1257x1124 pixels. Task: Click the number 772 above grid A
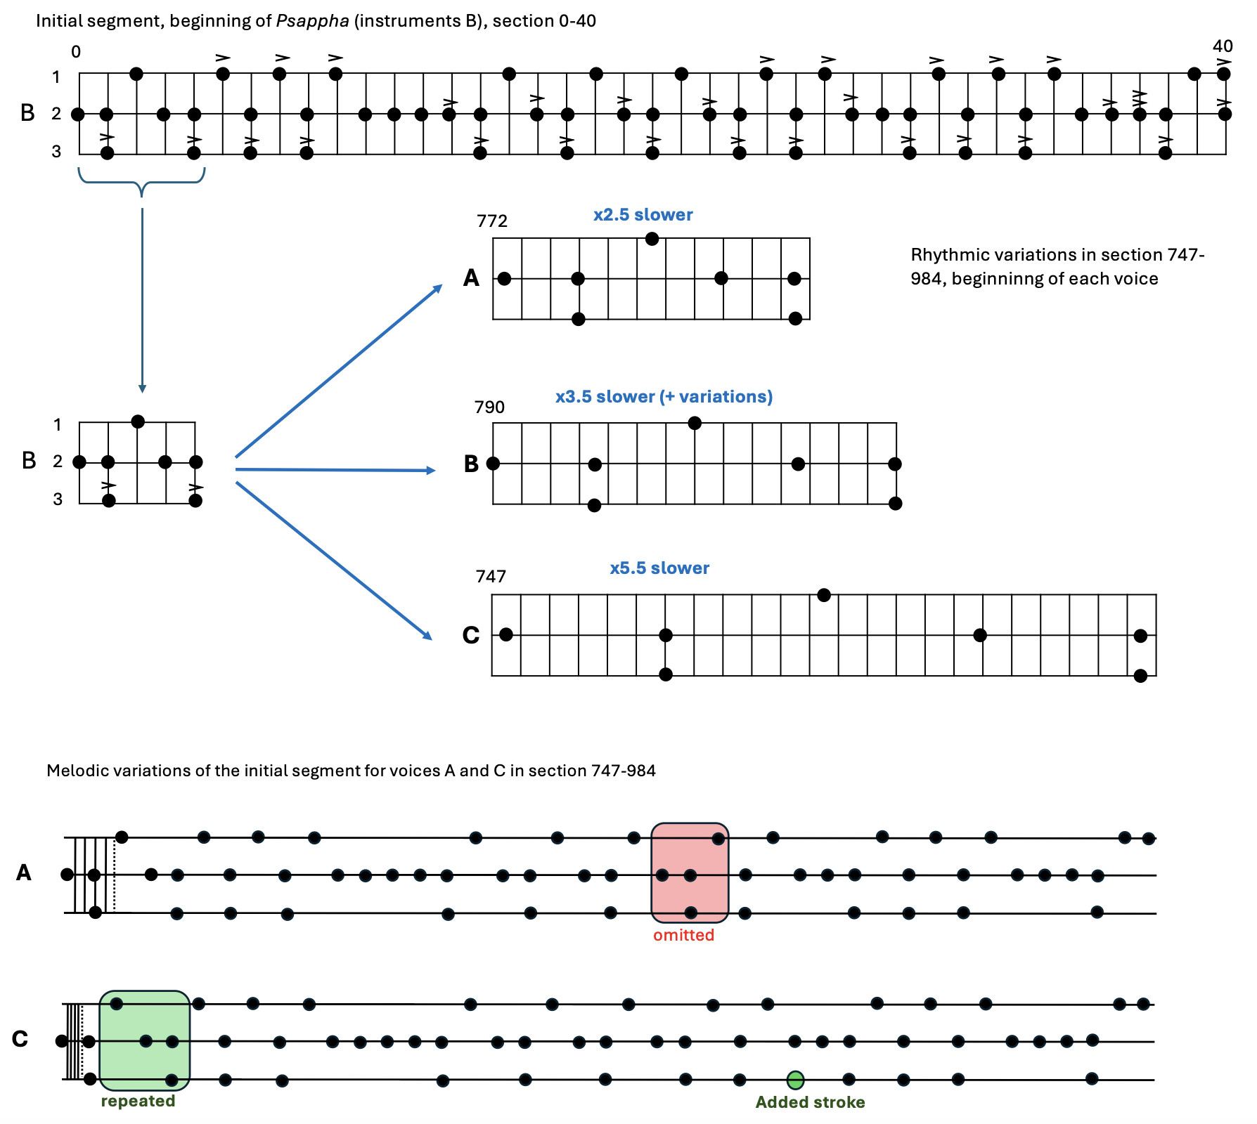[x=491, y=221]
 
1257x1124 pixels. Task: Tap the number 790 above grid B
[x=489, y=407]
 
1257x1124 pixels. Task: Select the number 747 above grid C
[x=491, y=577]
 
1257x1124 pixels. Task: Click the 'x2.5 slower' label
[x=643, y=215]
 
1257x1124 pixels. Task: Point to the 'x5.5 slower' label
[x=659, y=568]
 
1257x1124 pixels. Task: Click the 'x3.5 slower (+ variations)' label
[x=664, y=397]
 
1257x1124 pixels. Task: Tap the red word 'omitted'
[x=683, y=935]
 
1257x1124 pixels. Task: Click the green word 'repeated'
[x=138, y=1101]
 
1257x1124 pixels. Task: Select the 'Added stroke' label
[x=810, y=1102]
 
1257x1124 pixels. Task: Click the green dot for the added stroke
[x=795, y=1080]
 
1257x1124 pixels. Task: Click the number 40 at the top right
[x=1223, y=46]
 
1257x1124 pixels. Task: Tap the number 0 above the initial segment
[x=76, y=52]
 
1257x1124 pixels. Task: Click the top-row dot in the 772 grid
[x=652, y=239]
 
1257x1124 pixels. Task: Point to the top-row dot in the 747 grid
[x=824, y=596]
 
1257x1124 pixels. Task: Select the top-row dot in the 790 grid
[x=695, y=423]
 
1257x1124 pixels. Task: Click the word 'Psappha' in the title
[x=312, y=21]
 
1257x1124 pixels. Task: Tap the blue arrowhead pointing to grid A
[x=439, y=287]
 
